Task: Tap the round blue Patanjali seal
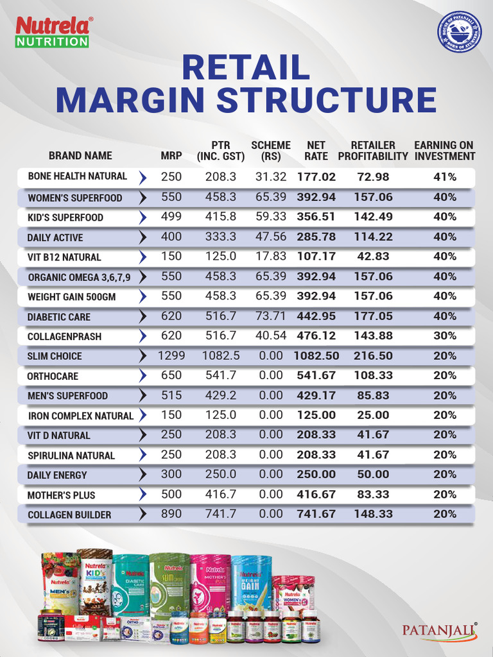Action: pyautogui.click(x=459, y=32)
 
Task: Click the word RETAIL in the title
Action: pyautogui.click(x=246, y=69)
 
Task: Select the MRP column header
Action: pyautogui.click(x=171, y=155)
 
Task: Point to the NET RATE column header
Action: pyautogui.click(x=316, y=150)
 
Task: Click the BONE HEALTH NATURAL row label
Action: pyautogui.click(x=77, y=176)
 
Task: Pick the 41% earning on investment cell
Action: pyautogui.click(x=444, y=177)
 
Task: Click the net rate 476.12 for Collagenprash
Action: pyautogui.click(x=316, y=336)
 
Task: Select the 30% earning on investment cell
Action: pyautogui.click(x=444, y=336)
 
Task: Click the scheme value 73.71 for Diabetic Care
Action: pyautogui.click(x=270, y=316)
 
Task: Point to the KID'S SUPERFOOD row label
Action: pyautogui.click(x=65, y=218)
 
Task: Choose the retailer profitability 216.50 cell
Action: pyautogui.click(x=373, y=355)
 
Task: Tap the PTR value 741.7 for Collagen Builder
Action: pyautogui.click(x=220, y=514)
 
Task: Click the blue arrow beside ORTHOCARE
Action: pyautogui.click(x=143, y=376)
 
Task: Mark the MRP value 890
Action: pyautogui.click(x=171, y=514)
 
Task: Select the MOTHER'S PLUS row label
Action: pyautogui.click(x=61, y=495)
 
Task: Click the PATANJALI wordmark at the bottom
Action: pyautogui.click(x=440, y=630)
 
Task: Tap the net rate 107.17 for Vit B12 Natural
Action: pyautogui.click(x=316, y=257)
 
